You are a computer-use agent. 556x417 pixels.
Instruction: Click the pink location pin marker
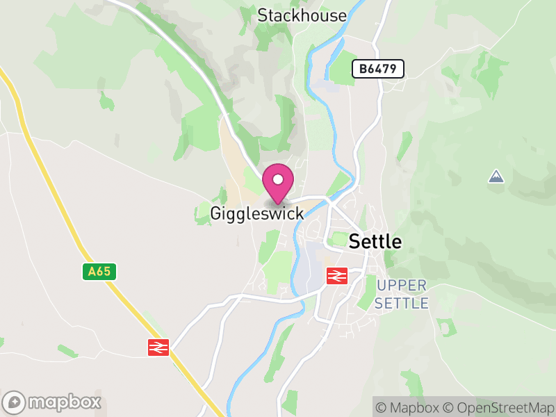pos(278,183)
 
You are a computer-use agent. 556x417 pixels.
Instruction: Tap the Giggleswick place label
pos(257,213)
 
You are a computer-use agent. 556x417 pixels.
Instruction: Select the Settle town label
pos(375,242)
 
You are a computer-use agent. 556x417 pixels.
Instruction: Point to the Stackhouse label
pos(302,15)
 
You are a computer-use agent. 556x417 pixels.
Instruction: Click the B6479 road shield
pos(377,69)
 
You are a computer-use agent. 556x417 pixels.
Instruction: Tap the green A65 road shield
pos(99,272)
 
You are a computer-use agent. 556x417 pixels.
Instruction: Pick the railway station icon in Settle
pos(337,275)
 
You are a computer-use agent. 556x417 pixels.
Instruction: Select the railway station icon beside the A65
pos(158,347)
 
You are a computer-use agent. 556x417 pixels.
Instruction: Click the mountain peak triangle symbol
pos(496,177)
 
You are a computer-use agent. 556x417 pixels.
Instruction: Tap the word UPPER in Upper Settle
pos(401,286)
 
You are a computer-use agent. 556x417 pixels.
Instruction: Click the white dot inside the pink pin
pos(278,179)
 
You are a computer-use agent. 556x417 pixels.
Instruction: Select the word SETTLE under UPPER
pos(401,303)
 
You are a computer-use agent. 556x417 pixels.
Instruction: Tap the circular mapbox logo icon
pos(15,402)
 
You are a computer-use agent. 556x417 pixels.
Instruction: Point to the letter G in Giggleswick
pos(216,213)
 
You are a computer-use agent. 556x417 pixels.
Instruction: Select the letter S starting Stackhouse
pos(263,15)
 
